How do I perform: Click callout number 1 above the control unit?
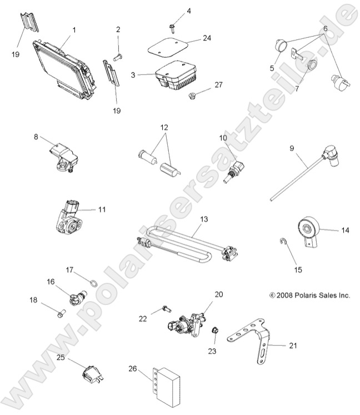(74, 29)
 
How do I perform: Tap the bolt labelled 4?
(172, 25)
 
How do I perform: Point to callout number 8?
(36, 136)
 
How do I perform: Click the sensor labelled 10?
(234, 167)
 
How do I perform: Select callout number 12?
(164, 127)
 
